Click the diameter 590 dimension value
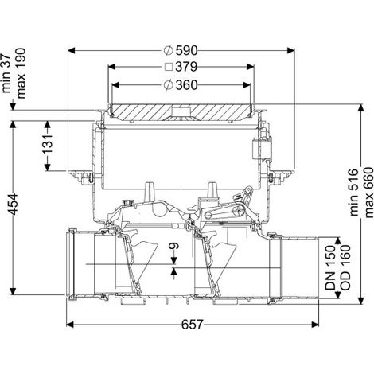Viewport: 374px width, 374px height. coord(187,50)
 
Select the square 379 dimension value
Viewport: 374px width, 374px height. coord(186,67)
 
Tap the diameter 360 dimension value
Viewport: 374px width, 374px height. coord(187,85)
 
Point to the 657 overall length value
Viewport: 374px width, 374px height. coord(192,325)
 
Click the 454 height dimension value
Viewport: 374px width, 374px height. coord(13,205)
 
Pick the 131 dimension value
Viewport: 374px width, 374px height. coord(48,144)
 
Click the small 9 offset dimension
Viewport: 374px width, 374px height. coord(174,247)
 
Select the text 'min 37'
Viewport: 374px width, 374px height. coord(6,70)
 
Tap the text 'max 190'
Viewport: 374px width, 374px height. coord(21,73)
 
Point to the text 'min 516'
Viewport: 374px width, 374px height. coord(353,192)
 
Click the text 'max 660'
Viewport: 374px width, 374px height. coord(368,193)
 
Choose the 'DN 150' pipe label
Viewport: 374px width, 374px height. coord(330,267)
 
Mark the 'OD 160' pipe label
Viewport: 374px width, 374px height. coord(345,267)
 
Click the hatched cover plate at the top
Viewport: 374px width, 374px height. coord(181,112)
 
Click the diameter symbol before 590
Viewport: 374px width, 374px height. coord(169,50)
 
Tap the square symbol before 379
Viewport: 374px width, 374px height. coord(169,67)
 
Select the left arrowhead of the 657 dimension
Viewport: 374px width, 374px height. coord(70,325)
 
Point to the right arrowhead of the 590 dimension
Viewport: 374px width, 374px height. coord(290,50)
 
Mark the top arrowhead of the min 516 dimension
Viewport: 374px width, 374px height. coord(360,107)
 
